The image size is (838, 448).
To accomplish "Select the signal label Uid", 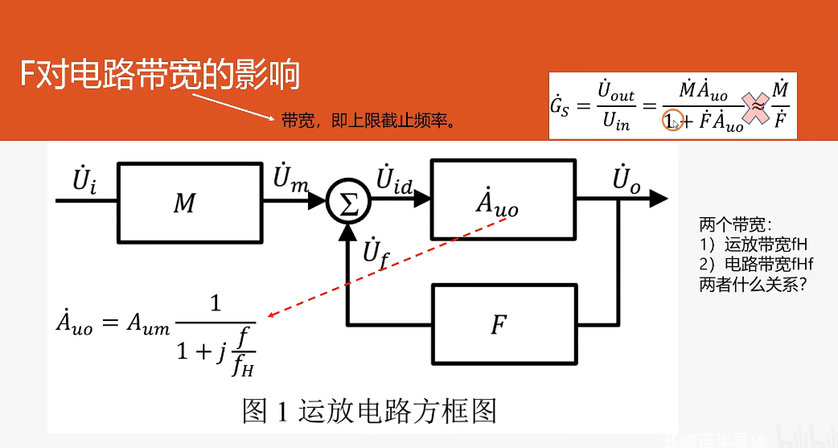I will click(394, 179).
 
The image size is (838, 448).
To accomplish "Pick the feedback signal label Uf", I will click(375, 252).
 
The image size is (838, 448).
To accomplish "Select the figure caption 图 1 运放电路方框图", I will click(369, 411).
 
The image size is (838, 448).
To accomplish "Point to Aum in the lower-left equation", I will click(150, 324).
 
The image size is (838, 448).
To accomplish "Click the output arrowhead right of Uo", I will click(659, 198).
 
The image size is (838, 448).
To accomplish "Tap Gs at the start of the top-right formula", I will click(560, 107).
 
